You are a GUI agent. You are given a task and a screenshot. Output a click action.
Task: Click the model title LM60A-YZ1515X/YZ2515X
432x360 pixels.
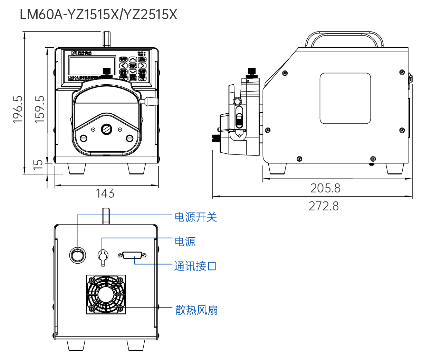98,15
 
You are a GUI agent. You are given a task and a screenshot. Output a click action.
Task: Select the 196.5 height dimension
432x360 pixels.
18,110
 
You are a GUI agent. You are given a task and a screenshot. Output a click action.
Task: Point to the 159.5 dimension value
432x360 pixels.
40,110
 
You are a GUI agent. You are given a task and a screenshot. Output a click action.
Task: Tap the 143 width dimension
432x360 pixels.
105,193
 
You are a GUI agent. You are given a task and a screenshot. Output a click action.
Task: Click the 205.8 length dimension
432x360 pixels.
325,188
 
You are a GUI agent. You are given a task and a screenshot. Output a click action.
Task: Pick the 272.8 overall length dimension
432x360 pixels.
324,206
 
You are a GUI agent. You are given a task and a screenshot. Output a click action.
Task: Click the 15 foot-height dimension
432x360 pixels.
38,164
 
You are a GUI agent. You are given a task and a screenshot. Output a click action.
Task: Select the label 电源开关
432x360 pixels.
196,217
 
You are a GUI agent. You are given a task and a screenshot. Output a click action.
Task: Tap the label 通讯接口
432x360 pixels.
195,266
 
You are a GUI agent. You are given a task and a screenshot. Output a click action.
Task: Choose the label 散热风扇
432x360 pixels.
196,310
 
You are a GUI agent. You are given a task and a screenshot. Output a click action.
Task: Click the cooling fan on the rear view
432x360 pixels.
106,295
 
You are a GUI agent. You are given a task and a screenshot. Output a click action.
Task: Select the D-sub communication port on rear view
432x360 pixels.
133,255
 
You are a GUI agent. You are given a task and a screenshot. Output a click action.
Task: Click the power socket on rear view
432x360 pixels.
103,256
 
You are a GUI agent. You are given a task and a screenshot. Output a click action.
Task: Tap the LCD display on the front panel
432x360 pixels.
92,66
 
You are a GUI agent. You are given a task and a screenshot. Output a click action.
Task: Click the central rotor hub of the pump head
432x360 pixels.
106,130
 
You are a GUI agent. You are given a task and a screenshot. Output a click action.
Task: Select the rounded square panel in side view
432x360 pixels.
345,98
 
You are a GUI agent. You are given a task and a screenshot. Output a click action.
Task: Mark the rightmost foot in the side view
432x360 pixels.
394,168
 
